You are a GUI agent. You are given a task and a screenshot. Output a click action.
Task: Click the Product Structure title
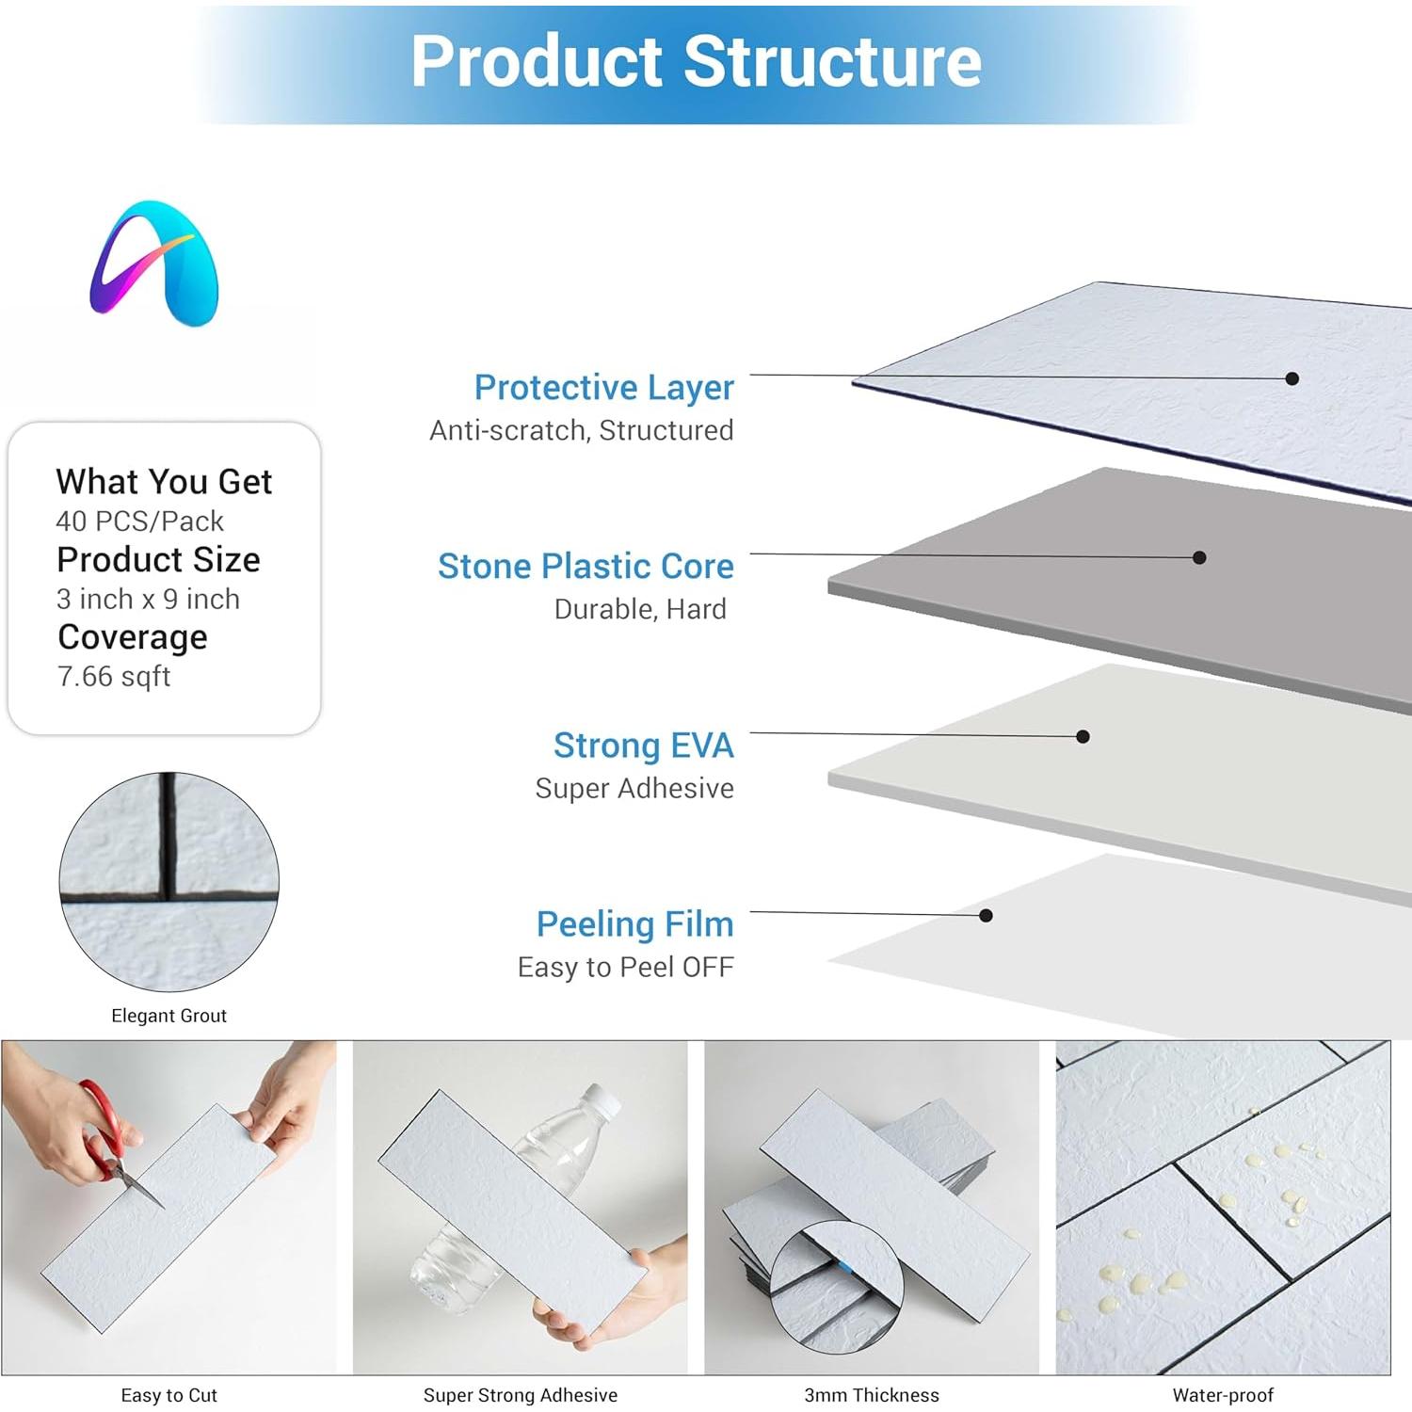click(x=697, y=62)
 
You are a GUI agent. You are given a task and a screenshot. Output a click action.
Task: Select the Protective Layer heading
click(x=603, y=387)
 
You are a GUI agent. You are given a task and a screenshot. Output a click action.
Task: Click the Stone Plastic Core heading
click(x=586, y=566)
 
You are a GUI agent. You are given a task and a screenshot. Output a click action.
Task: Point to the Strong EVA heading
click(x=643, y=745)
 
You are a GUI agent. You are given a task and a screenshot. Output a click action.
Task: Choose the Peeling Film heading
click(x=634, y=923)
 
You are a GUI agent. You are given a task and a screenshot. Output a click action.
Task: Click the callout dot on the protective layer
click(x=1292, y=378)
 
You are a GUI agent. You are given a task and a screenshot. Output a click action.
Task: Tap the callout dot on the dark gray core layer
click(x=1199, y=557)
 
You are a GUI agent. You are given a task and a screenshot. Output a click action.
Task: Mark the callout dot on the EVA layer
click(x=1083, y=736)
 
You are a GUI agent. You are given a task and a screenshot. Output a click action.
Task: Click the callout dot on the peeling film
click(x=986, y=915)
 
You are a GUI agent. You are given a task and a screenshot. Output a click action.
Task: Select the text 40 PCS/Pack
click(x=139, y=521)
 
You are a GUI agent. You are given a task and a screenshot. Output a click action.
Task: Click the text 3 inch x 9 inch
click(x=148, y=599)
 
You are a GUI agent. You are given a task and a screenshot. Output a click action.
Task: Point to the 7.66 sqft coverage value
click(x=114, y=676)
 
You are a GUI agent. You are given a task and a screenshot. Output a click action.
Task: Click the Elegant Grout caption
click(x=168, y=1016)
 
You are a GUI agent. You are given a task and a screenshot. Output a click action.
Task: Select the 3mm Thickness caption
click(x=871, y=1395)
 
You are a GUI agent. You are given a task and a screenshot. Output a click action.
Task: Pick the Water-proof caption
click(x=1223, y=1395)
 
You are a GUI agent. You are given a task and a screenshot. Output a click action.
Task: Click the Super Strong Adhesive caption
click(x=520, y=1395)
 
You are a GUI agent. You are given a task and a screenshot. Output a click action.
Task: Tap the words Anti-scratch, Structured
click(x=581, y=430)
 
